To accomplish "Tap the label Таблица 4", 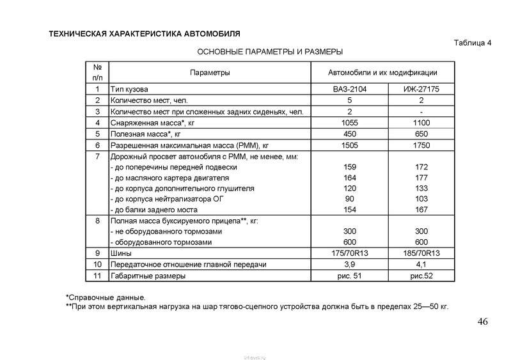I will (x=472, y=43).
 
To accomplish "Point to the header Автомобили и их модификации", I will (x=382, y=73).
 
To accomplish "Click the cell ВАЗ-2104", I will (x=350, y=90).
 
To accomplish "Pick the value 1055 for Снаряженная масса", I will (x=350, y=123).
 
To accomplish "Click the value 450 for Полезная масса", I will (x=350, y=134).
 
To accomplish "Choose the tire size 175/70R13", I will (x=350, y=254).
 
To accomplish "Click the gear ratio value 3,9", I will (x=350, y=265).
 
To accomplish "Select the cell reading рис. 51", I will (x=350, y=276).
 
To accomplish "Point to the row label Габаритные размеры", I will (x=148, y=276).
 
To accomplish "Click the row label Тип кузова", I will (x=133, y=90).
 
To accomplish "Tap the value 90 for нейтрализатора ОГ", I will (x=350, y=199).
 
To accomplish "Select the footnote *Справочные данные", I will (x=106, y=297).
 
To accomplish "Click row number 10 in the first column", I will (x=97, y=265).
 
